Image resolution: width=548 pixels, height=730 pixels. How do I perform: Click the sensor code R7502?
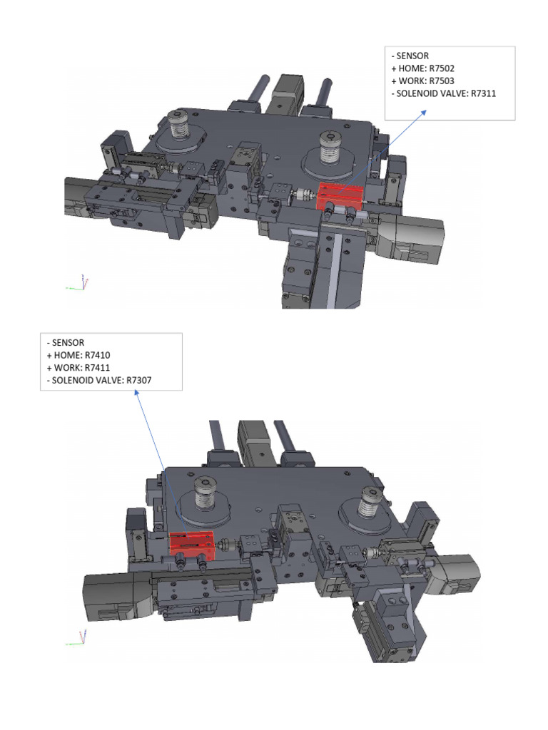pos(441,68)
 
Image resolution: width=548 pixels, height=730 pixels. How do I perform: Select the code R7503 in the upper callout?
pos(441,81)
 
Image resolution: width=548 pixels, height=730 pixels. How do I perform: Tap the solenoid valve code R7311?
pos(483,93)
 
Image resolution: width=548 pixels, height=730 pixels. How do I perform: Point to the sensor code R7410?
pos(97,355)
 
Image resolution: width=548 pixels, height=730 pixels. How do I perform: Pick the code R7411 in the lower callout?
pos(97,368)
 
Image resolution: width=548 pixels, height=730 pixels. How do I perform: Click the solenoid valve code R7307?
pos(139,381)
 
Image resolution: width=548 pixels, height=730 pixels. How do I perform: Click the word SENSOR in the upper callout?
pos(412,56)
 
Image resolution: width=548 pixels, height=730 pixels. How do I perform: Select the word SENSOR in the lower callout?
pos(68,343)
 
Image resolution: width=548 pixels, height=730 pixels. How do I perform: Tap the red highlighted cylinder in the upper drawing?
pos(340,197)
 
